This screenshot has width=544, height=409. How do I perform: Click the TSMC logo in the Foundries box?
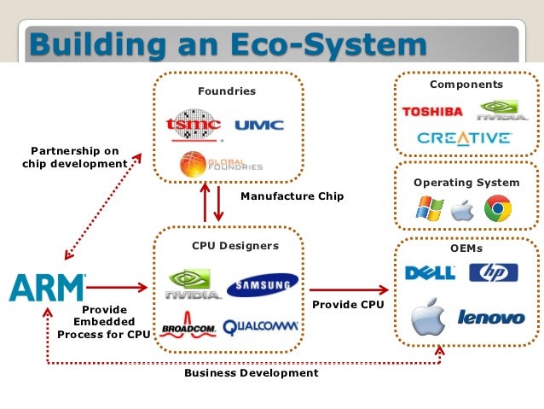(x=195, y=125)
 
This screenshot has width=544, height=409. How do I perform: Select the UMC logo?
(x=258, y=126)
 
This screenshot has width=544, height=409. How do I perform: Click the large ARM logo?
(x=48, y=288)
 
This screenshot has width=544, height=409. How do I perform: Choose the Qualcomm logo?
(x=261, y=326)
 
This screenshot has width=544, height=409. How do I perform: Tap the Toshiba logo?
(x=432, y=112)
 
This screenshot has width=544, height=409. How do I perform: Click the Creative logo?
(x=464, y=137)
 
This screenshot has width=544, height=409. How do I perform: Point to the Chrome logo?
(x=497, y=208)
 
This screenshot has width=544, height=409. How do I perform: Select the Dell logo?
(x=430, y=272)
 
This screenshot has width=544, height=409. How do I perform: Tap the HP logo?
(x=493, y=272)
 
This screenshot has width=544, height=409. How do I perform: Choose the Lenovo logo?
(x=491, y=318)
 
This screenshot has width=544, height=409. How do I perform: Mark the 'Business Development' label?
(x=251, y=373)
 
